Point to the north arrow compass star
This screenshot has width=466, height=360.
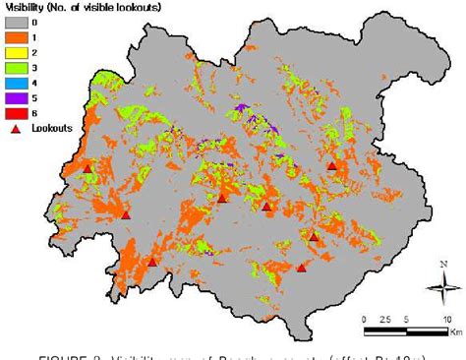(438, 288)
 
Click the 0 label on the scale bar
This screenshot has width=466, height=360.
(365, 320)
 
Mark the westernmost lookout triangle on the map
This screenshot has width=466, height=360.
(87, 169)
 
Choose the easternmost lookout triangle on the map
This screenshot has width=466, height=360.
(332, 167)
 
